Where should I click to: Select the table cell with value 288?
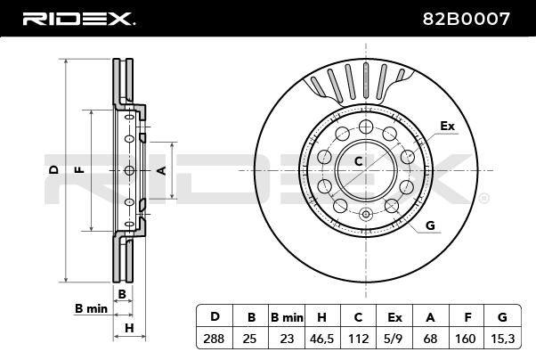[214, 338]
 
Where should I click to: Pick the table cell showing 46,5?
[322, 338]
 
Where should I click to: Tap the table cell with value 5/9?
[394, 338]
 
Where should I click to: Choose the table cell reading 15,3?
[503, 338]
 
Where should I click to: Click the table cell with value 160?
[467, 338]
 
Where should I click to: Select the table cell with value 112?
[358, 338]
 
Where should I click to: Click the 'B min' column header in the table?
[287, 316]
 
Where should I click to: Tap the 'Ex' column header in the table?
[394, 316]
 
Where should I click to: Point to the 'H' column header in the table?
[322, 316]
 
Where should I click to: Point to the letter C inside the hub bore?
[359, 161]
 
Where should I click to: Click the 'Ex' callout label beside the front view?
[447, 127]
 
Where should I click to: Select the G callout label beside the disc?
[430, 225]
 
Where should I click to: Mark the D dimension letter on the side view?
[53, 168]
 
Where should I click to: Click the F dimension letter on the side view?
[78, 168]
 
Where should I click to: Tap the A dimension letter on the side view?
[161, 168]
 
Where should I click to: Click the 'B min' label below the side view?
[91, 308]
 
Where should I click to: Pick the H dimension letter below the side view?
[129, 328]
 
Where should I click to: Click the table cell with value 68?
[431, 338]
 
